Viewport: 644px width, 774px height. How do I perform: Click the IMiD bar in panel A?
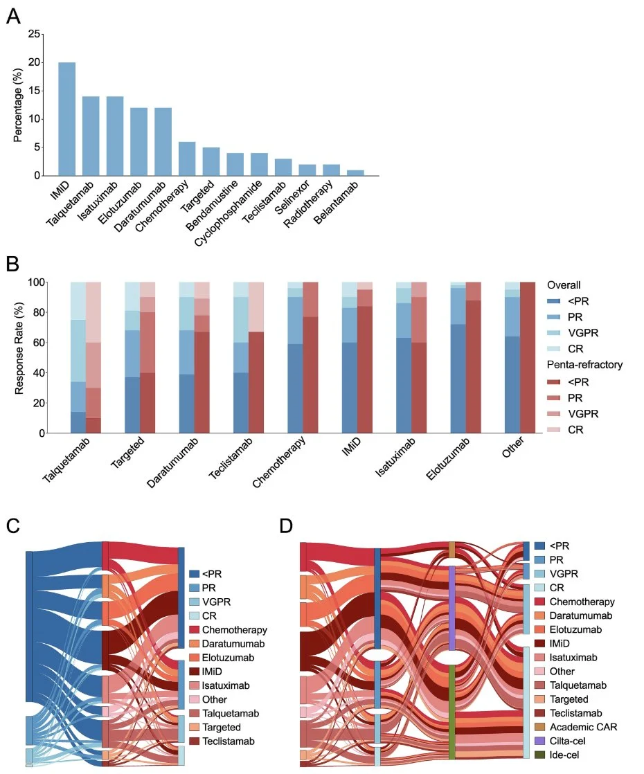(x=67, y=119)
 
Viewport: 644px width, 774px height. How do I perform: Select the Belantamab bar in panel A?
(x=355, y=173)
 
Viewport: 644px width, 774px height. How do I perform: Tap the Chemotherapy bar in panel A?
(x=187, y=159)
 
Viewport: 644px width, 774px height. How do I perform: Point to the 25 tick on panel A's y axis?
(x=34, y=34)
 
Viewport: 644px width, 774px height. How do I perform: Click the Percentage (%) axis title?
(x=18, y=105)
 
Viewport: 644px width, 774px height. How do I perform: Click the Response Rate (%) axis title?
(x=19, y=348)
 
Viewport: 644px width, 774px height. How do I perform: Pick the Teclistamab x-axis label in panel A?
(x=265, y=202)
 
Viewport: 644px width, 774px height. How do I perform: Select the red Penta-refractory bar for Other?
(x=528, y=357)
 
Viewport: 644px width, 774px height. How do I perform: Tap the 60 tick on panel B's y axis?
(x=38, y=343)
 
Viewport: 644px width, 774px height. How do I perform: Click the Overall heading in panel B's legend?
(x=564, y=285)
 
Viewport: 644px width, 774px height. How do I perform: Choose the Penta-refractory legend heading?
(x=584, y=365)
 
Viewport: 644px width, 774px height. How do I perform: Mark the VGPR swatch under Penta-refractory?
(x=553, y=414)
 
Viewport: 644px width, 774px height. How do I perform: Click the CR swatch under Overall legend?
(x=553, y=348)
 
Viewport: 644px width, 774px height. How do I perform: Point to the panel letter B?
(x=12, y=264)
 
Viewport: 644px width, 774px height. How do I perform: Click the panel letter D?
(x=286, y=525)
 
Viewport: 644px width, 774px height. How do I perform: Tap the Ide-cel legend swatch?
(x=540, y=755)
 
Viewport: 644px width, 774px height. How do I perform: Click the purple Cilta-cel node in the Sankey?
(x=452, y=608)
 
